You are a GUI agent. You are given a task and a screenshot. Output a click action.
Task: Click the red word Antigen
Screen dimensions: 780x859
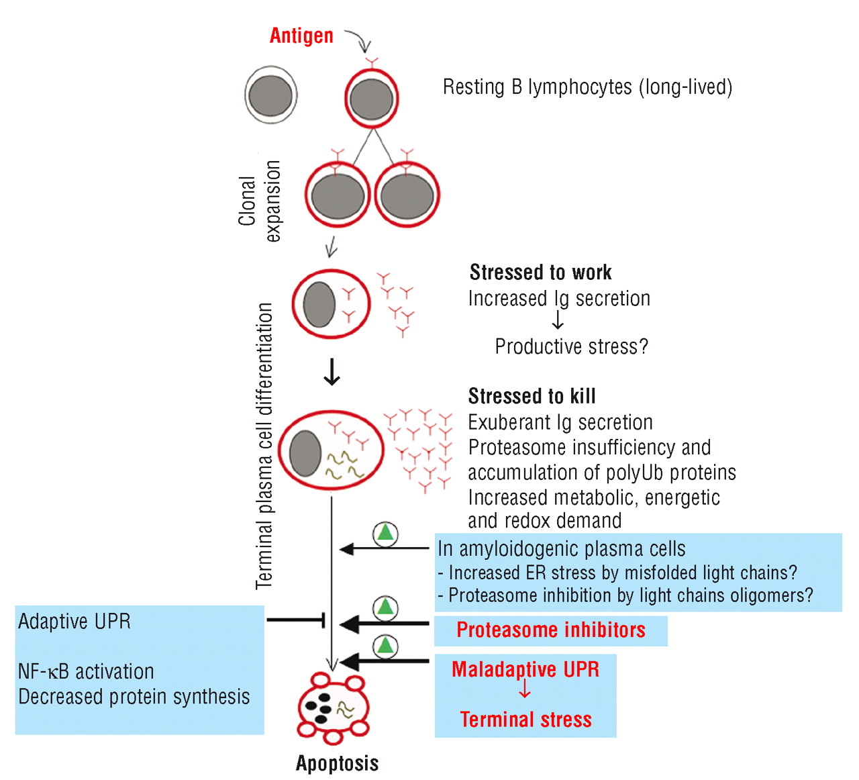[301, 36]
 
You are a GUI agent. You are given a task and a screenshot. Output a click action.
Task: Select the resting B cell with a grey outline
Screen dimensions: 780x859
[270, 95]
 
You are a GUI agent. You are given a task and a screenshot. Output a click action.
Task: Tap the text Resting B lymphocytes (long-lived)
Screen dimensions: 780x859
[587, 87]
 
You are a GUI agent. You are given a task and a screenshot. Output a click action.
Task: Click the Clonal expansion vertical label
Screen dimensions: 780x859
[259, 201]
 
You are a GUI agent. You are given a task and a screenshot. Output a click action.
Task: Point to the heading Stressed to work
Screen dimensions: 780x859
[540, 273]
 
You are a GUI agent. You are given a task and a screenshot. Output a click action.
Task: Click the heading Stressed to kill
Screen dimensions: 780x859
[532, 396]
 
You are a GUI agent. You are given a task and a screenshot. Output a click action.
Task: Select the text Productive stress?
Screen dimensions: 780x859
[571, 346]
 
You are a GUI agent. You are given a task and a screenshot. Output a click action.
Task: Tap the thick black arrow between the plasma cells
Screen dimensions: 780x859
[332, 372]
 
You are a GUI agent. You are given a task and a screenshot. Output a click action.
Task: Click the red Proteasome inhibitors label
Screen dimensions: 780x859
[550, 630]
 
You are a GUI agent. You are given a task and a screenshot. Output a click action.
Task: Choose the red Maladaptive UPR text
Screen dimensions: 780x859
[525, 669]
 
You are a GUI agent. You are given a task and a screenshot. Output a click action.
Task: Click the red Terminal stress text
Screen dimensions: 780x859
[525, 720]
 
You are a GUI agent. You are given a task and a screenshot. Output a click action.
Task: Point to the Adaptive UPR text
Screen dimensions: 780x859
[74, 622]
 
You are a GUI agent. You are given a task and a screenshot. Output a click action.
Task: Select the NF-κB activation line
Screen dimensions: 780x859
[86, 671]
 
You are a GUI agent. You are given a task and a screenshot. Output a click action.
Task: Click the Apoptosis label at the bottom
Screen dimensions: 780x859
[337, 763]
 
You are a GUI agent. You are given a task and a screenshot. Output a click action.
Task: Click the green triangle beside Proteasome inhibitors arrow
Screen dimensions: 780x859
[385, 607]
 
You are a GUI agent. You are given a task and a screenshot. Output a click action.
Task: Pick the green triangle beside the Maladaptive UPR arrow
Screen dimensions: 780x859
[385, 646]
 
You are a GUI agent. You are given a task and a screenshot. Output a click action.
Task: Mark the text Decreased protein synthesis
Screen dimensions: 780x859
[134, 697]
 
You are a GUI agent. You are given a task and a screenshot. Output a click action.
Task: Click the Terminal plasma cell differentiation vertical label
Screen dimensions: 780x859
[264, 446]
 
